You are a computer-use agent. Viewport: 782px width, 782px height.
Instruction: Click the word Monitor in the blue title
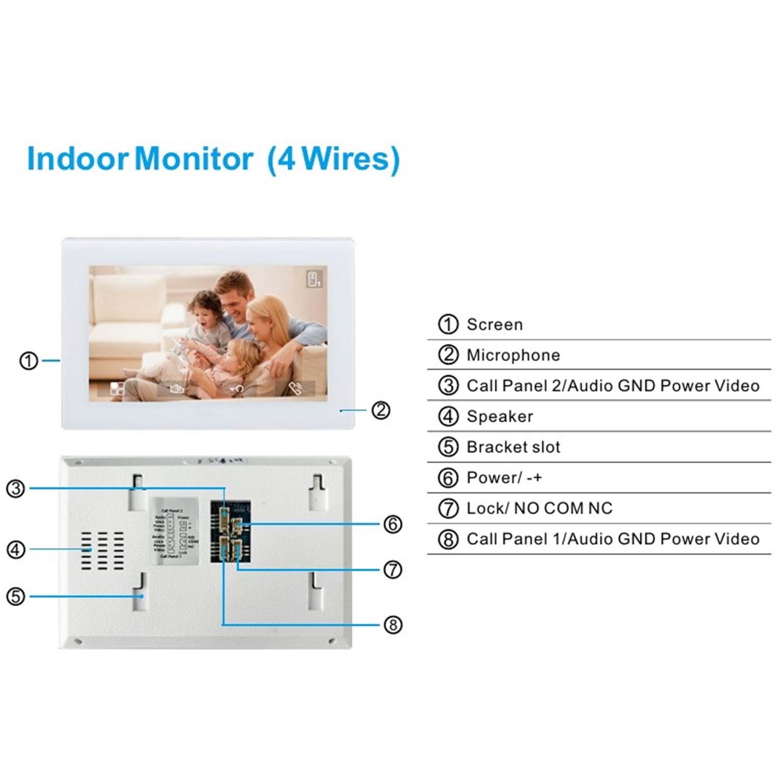[x=194, y=158]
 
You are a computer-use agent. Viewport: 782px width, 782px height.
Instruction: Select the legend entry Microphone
[x=513, y=355]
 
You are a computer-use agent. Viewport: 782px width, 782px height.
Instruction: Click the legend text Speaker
[x=499, y=417]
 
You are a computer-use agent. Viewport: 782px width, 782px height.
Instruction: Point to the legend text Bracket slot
[x=513, y=447]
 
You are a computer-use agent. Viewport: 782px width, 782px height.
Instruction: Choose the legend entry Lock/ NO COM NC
[x=539, y=508]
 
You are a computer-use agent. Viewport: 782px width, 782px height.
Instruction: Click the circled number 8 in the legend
[x=448, y=539]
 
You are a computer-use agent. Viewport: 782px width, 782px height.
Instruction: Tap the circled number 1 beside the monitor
[x=29, y=360]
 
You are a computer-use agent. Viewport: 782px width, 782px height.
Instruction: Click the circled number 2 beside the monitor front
[x=381, y=410]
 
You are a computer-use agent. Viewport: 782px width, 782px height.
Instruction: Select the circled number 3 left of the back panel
[x=16, y=488]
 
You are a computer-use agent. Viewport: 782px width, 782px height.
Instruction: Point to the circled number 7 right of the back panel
[x=393, y=569]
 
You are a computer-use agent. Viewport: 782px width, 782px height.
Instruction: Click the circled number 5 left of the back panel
[x=16, y=596]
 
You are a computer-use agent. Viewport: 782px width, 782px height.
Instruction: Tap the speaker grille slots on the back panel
[x=103, y=551]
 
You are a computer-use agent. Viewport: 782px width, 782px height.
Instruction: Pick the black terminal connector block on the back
[x=230, y=532]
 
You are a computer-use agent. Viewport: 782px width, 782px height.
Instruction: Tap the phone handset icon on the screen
[x=296, y=388]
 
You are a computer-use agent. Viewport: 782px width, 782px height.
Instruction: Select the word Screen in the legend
[x=494, y=324]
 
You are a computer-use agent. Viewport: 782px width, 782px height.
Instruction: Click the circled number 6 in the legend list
[x=448, y=478]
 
